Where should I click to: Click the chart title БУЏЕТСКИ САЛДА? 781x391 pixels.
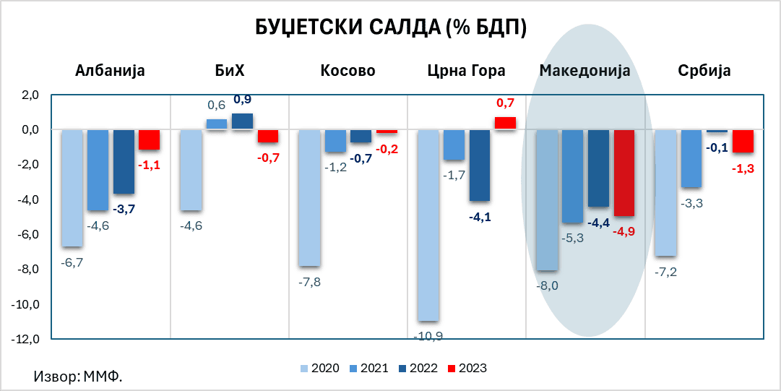(391, 27)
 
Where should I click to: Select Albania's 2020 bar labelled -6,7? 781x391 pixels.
(72, 188)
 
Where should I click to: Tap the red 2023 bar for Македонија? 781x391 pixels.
(623, 173)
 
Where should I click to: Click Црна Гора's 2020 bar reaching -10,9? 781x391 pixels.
(428, 225)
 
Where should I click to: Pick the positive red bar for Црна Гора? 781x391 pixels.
(505, 124)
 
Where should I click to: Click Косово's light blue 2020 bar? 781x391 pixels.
(309, 198)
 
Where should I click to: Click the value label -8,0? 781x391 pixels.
(547, 285)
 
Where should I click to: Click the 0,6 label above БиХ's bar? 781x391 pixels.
(217, 106)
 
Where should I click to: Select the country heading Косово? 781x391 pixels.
(348, 71)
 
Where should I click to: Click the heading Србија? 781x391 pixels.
(704, 71)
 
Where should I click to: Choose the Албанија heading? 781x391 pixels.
(111, 71)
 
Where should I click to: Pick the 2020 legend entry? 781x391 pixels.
(319, 368)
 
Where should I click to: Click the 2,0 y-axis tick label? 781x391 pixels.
(30, 95)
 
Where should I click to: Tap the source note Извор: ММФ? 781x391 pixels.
(78, 377)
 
